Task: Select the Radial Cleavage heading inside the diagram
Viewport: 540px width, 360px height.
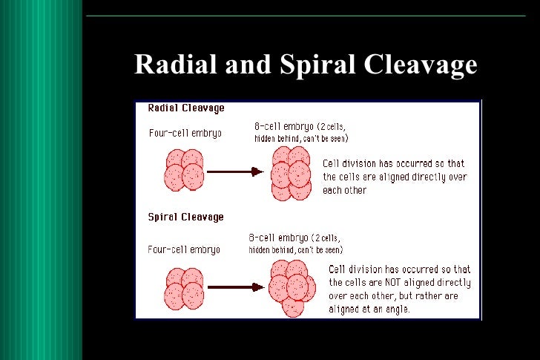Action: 186,108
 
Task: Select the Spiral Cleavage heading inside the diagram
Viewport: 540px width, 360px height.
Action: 186,217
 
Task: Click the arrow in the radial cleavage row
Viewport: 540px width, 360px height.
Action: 235,171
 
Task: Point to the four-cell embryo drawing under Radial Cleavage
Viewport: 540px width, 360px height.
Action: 183,170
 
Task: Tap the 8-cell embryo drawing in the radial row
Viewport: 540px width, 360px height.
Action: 291,172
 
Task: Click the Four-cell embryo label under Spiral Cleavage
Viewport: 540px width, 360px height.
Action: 185,249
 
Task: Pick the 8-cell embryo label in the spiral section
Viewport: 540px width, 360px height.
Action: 276,238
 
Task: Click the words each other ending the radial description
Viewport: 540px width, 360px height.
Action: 345,190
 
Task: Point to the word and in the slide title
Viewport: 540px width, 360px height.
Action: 249,65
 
